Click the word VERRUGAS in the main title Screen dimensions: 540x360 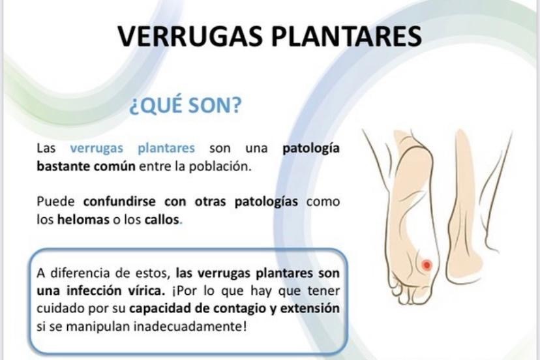190,36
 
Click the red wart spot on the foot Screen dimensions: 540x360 427,265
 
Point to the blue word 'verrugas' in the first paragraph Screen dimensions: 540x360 97,148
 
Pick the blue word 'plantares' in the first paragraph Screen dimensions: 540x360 166,149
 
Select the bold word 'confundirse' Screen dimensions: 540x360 119,201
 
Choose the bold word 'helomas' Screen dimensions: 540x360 83,219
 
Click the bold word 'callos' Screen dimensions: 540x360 162,219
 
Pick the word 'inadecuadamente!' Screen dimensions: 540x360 190,326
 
